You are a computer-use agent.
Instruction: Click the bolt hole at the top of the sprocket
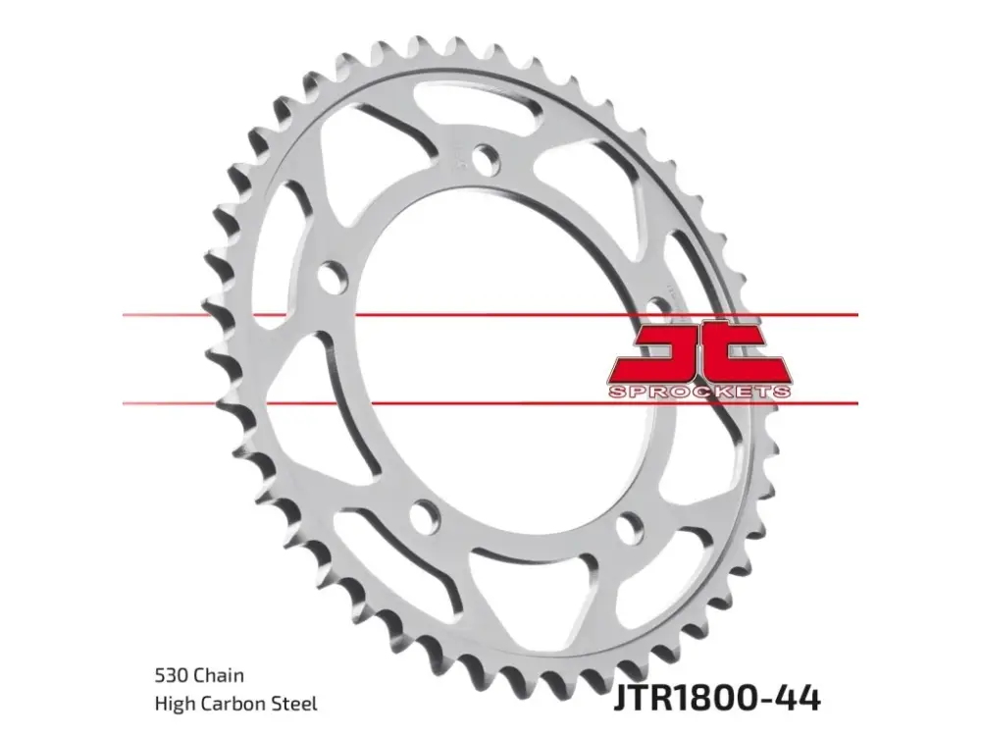(487, 159)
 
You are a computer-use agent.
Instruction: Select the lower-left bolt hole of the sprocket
(426, 514)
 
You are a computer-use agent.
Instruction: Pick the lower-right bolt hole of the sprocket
(629, 528)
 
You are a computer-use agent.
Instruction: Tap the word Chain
(219, 675)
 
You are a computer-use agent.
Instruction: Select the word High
(174, 704)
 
